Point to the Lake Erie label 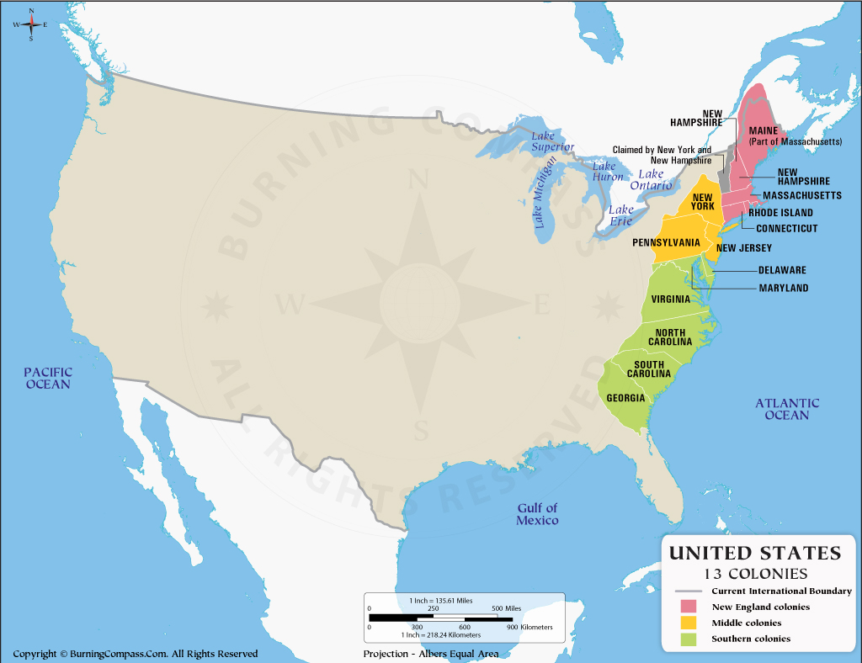coord(621,215)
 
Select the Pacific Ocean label coord(48,378)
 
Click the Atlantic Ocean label coord(787,409)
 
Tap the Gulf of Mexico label coord(538,514)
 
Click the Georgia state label coord(625,398)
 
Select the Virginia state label coord(670,300)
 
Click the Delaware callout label coord(782,271)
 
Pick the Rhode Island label coord(780,213)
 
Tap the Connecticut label coord(786,229)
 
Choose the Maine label coord(763,130)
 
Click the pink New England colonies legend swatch coord(689,607)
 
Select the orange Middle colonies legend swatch coord(689,623)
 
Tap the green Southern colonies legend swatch coord(689,639)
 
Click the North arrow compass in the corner coord(31,24)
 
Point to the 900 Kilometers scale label coord(530,627)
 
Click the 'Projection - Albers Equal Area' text coord(431,654)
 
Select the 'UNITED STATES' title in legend coord(754,553)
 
